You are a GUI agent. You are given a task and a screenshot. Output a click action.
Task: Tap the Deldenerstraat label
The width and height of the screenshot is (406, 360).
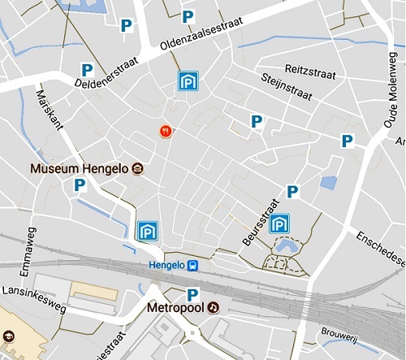click(107, 72)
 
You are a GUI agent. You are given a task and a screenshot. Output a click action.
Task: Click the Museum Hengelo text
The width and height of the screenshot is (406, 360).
click(80, 169)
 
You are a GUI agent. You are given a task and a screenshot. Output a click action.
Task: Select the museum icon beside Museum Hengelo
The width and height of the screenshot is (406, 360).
click(138, 169)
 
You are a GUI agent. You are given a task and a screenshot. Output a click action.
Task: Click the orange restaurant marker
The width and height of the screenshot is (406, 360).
click(166, 131)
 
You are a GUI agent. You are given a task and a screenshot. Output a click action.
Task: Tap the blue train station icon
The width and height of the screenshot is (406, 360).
click(193, 265)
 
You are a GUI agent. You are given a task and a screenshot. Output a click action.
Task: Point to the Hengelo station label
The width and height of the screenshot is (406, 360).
click(166, 265)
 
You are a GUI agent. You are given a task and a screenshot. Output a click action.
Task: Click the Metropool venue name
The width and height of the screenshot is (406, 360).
click(175, 309)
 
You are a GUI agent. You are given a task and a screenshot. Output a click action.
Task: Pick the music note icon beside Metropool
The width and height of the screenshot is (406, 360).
click(212, 309)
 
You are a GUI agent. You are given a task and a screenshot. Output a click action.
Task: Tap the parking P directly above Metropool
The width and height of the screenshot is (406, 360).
click(192, 294)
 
